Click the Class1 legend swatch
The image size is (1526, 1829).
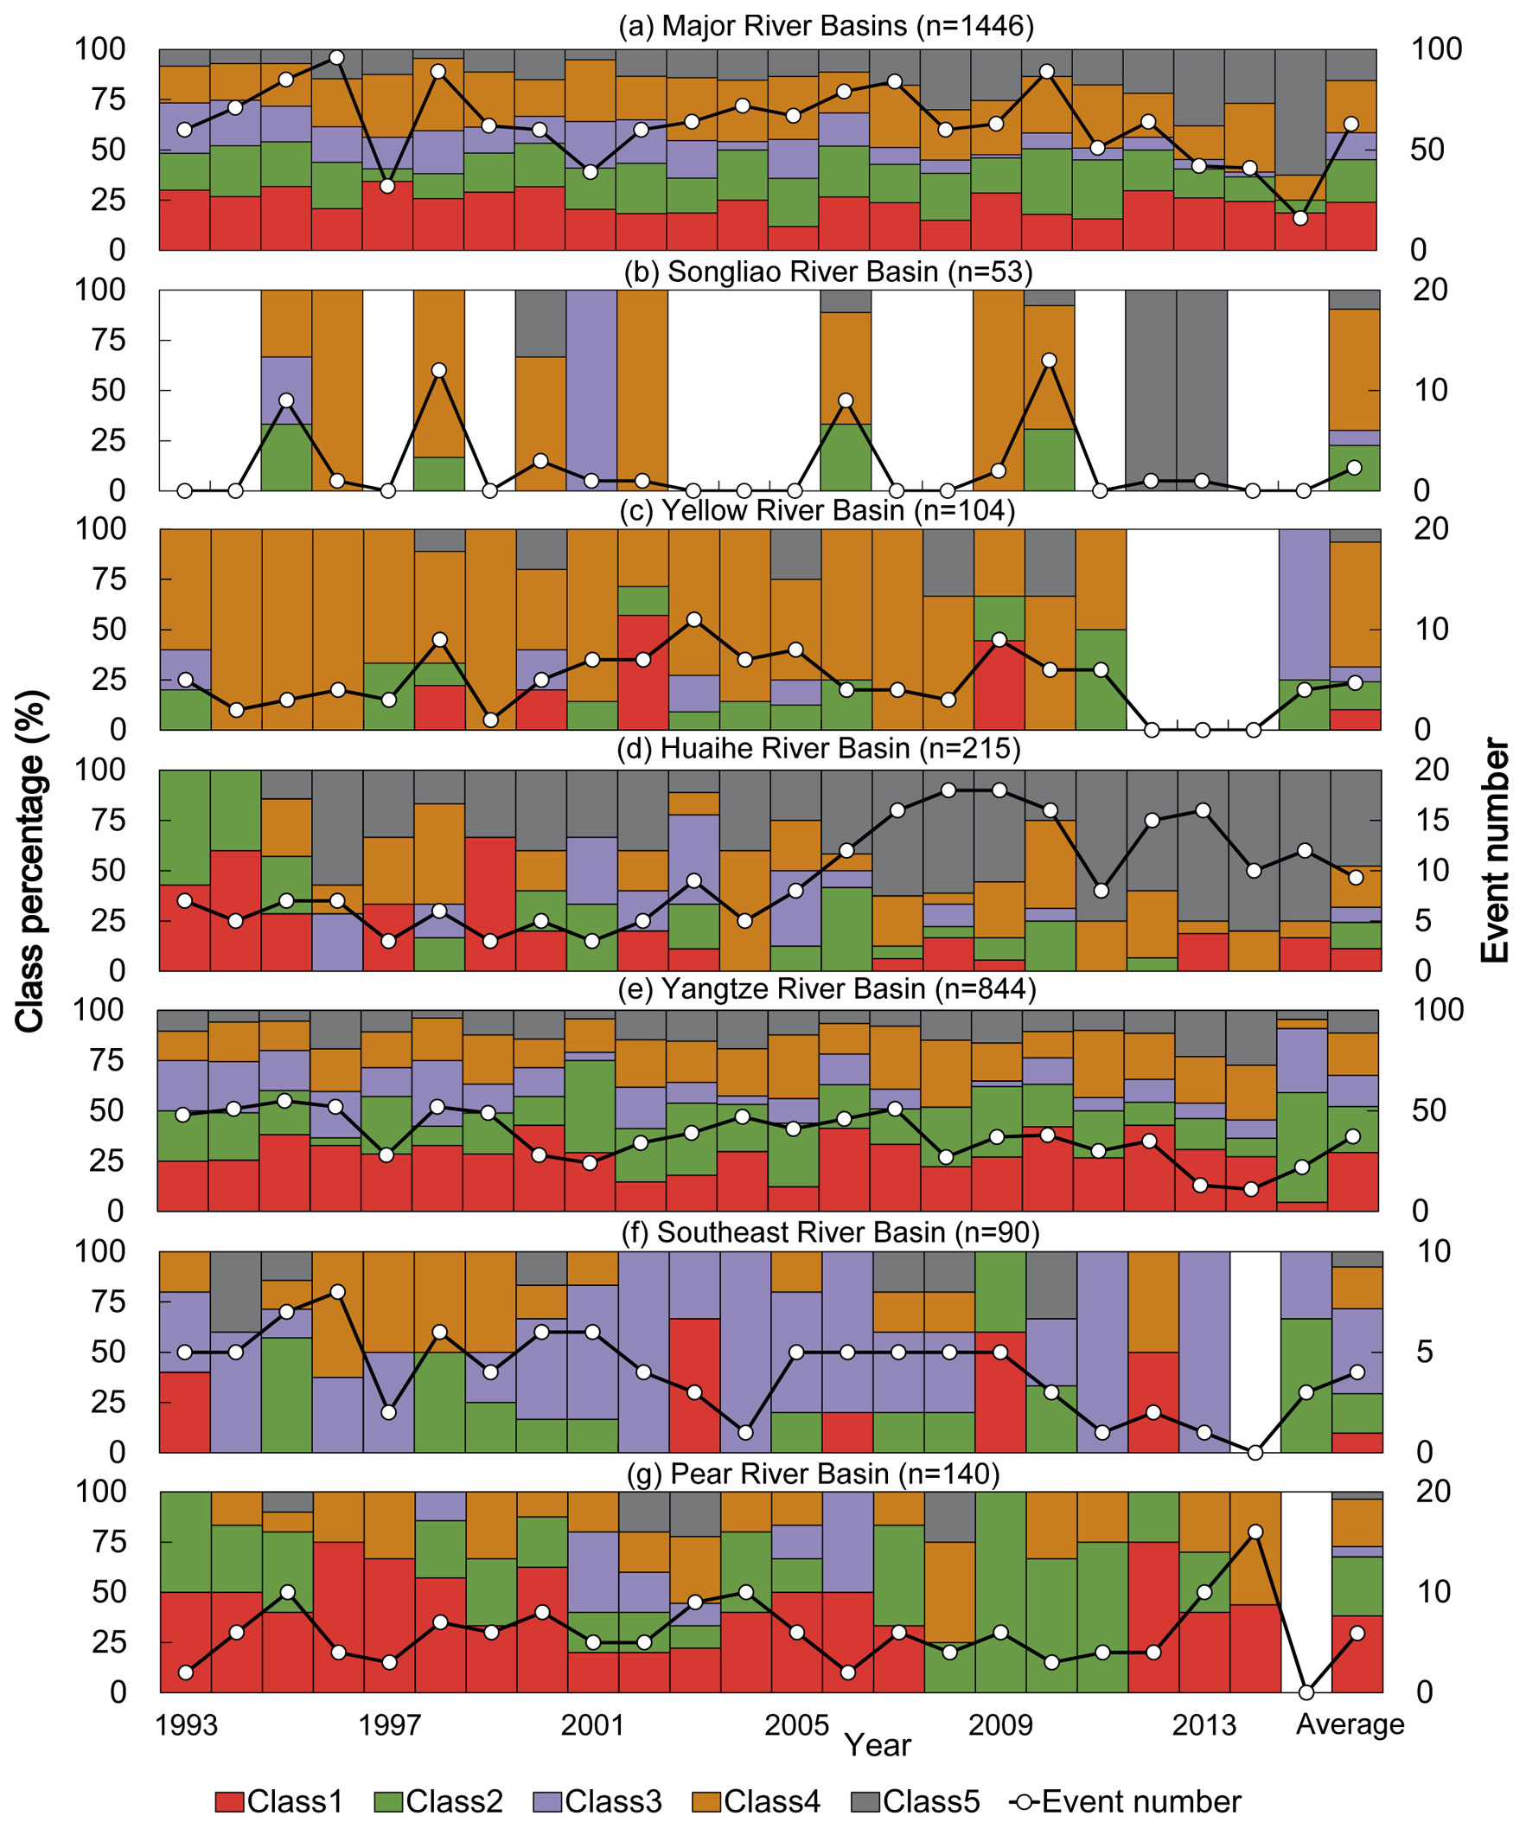(230, 1802)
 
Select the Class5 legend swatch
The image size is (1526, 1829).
(865, 1802)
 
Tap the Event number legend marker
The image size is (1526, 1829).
(1025, 1802)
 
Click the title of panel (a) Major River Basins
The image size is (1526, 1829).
(826, 26)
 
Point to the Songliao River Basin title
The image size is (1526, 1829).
(827, 272)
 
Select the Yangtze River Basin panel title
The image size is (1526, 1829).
(827, 989)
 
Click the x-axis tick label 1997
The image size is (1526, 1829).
(389, 1725)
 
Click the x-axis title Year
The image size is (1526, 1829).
(877, 1745)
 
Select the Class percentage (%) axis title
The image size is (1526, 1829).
(29, 861)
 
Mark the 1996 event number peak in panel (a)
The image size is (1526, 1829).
(337, 57)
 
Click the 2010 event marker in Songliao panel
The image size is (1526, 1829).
(1050, 361)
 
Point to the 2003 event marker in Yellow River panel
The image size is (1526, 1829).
(694, 620)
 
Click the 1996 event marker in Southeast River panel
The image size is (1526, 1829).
(338, 1292)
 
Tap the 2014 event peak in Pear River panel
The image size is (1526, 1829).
(1255, 1532)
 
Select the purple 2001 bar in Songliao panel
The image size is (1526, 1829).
(592, 390)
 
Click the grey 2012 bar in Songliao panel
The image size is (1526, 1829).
(1152, 390)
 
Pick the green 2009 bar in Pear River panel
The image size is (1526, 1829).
(1001, 1592)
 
